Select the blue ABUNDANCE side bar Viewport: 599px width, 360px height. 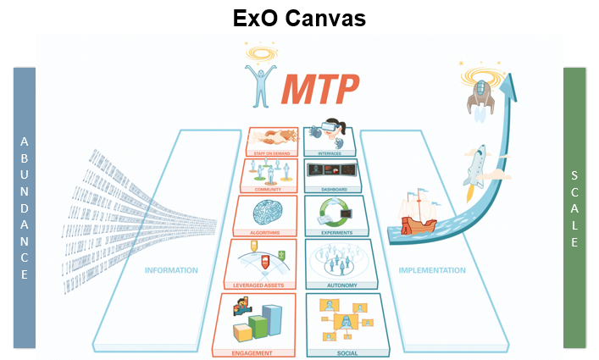(25, 208)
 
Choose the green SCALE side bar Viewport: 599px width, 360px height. (574, 208)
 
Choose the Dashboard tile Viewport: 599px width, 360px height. (333, 174)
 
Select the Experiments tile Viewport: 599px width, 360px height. (336, 215)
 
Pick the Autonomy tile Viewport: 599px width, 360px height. (340, 263)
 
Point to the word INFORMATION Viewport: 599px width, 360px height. (171, 271)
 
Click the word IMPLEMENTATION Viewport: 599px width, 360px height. (431, 271)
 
